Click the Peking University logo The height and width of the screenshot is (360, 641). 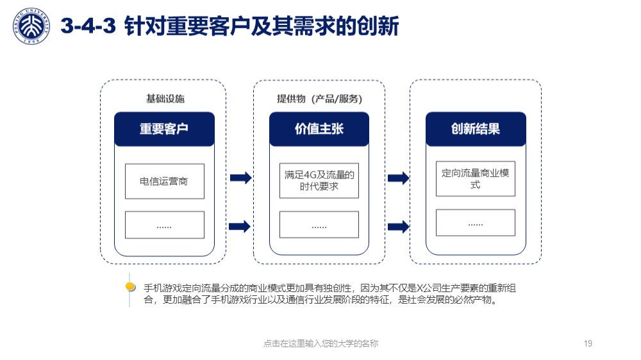tap(31, 26)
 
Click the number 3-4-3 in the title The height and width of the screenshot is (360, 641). tap(88, 26)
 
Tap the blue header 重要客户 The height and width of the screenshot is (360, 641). tap(164, 129)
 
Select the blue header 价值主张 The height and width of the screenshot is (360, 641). tap(319, 129)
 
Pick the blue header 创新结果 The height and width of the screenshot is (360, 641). tap(476, 129)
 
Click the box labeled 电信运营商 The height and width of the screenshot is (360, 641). tap(165, 181)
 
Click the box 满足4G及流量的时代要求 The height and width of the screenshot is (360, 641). tap(319, 181)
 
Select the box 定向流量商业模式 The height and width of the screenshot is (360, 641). tap(476, 179)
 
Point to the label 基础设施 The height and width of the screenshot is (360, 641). tap(165, 99)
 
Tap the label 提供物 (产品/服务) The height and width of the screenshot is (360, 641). tap(319, 99)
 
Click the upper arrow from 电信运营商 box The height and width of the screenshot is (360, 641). tap(241, 177)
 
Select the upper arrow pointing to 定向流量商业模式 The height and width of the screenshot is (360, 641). tap(399, 177)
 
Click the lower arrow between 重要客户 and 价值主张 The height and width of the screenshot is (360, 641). tap(240, 226)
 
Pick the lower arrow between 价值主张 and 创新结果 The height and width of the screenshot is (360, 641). tap(399, 226)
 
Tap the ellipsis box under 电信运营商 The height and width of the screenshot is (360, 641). tap(165, 225)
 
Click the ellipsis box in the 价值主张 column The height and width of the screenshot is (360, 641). tap(319, 224)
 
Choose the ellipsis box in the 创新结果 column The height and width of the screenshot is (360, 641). tap(476, 223)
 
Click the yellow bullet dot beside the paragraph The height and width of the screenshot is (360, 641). tap(130, 286)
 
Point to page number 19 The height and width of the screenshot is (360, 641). tap(588, 343)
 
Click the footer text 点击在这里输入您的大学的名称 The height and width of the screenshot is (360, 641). tap(321, 343)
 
